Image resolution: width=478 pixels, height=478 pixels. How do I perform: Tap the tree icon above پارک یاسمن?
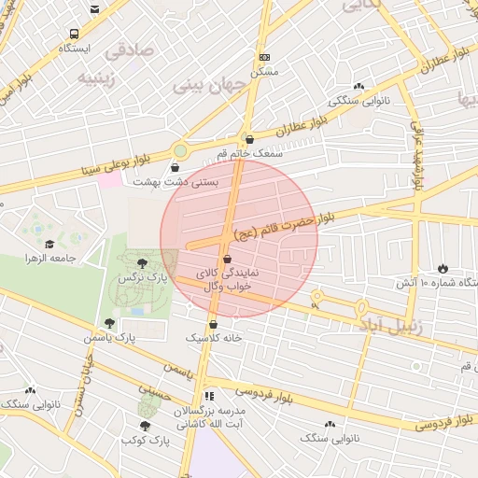(109, 323)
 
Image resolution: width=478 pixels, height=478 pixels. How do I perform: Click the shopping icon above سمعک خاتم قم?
(247, 139)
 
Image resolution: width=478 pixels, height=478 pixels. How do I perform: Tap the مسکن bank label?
(264, 71)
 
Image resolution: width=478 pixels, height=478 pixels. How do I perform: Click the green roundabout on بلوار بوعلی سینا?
(180, 149)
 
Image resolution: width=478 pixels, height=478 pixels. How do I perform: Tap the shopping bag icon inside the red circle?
(229, 260)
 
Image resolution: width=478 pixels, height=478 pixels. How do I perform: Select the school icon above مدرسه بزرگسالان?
(210, 396)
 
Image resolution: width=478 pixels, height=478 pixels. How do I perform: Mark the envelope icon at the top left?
(95, 10)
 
